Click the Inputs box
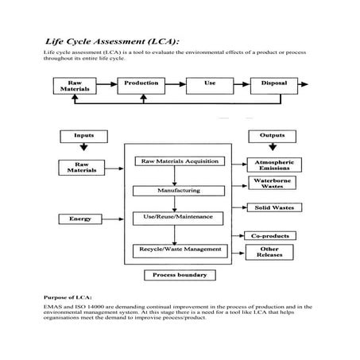pos(83,136)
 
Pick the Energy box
pos(80,218)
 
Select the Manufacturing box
pos(178,191)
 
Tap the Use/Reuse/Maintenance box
pos(178,218)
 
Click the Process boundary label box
pos(180,276)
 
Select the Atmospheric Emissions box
pos(273,165)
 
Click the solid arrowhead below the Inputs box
pos(83,148)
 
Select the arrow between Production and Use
pos(176,83)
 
